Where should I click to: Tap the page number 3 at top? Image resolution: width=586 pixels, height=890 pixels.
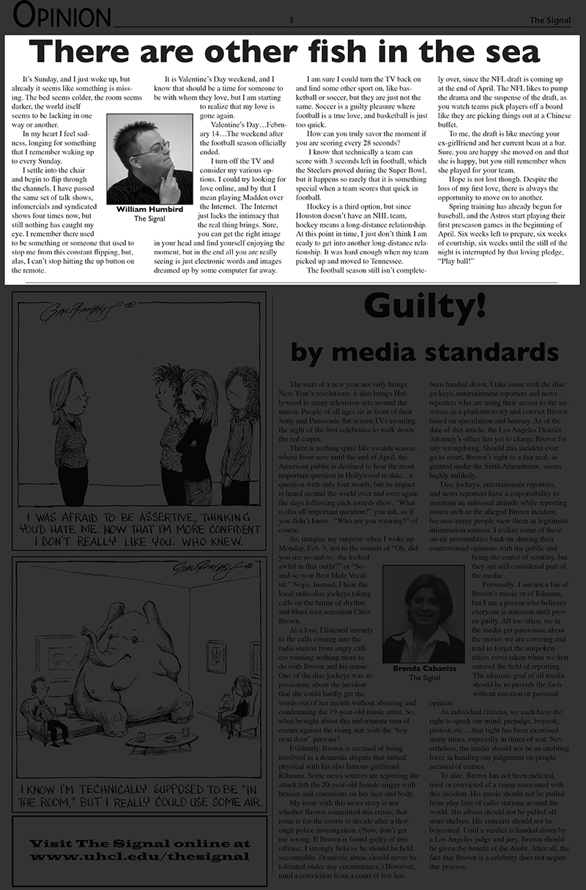point(292,20)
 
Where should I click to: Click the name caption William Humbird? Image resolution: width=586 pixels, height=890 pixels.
point(149,210)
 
